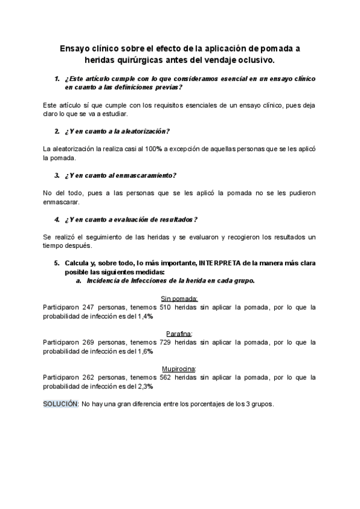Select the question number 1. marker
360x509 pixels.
pyautogui.click(x=57, y=79)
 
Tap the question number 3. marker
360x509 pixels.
pyautogui.click(x=57, y=175)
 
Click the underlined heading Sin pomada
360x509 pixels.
pyautogui.click(x=179, y=298)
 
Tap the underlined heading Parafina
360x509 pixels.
pyautogui.click(x=179, y=334)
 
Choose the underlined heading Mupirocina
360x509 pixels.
pyautogui.click(x=179, y=369)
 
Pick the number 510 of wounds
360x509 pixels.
pyautogui.click(x=166, y=307)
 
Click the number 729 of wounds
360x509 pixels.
pyautogui.click(x=166, y=342)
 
